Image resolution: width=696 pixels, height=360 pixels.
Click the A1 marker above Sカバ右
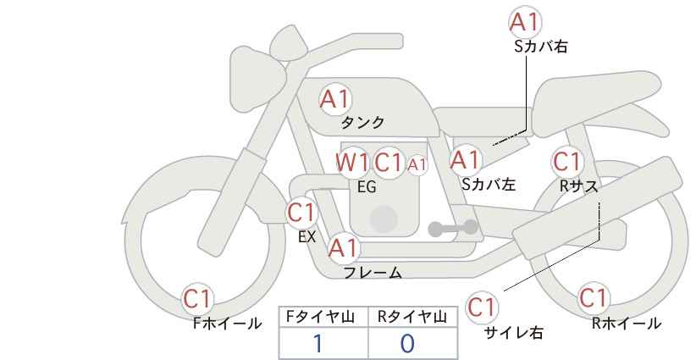[x=525, y=22]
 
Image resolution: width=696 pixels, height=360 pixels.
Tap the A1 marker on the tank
[x=335, y=99]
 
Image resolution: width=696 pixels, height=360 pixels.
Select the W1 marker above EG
[x=352, y=163]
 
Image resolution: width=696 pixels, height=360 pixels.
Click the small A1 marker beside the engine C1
[x=417, y=164]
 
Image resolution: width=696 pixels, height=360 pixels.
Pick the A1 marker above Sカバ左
[x=465, y=160]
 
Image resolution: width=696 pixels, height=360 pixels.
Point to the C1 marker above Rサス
[x=566, y=162]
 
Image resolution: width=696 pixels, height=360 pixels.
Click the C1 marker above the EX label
[x=301, y=213]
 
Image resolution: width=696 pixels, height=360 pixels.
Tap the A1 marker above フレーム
[x=342, y=248]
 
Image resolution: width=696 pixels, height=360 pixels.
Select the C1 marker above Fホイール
[x=196, y=299]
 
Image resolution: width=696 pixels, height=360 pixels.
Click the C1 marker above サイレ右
[x=482, y=307]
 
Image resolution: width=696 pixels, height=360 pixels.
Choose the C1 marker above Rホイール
[x=593, y=298]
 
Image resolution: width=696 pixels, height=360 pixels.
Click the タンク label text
[x=362, y=123]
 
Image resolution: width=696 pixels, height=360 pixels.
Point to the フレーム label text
[x=373, y=273]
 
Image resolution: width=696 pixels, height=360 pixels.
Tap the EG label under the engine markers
[x=367, y=187]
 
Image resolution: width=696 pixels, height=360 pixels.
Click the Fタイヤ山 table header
[x=320, y=317]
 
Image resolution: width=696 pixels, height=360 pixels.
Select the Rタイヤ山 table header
[x=412, y=317]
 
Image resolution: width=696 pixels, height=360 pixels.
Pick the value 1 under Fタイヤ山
[x=318, y=344]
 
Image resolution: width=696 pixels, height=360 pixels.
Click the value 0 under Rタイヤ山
[x=407, y=344]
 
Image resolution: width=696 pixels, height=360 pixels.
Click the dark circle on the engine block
[x=384, y=219]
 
